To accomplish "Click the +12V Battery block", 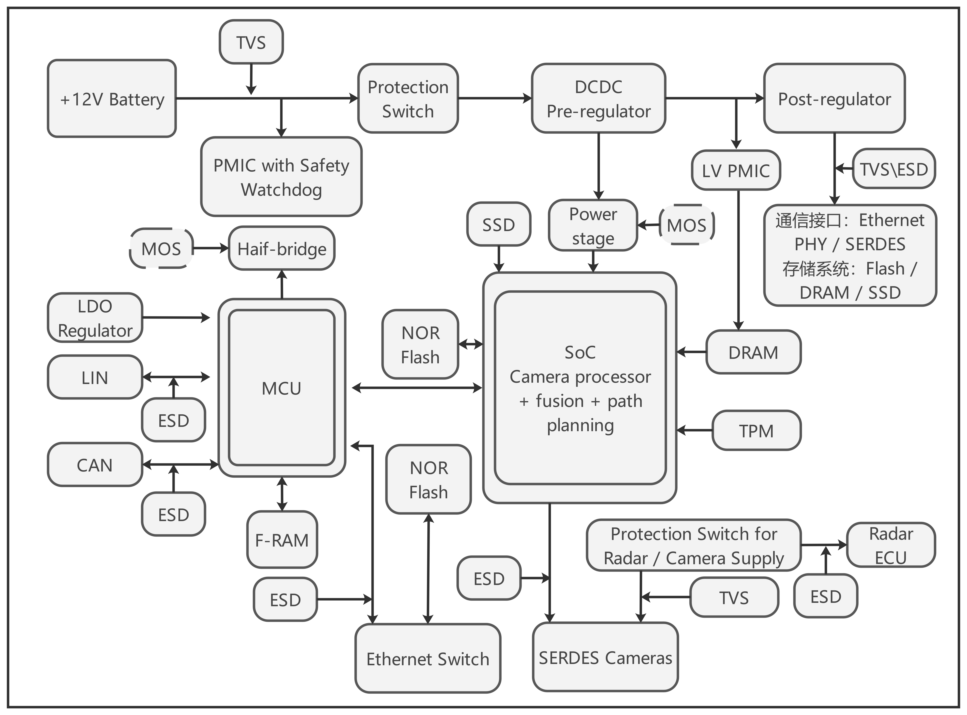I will click(112, 99).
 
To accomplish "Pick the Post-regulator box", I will click(834, 99).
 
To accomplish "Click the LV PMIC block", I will click(736, 170).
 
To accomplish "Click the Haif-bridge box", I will click(281, 248).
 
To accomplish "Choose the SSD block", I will click(498, 224).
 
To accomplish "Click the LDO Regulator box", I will click(95, 318).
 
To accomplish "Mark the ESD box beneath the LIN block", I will click(173, 420).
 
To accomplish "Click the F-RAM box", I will click(282, 540).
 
